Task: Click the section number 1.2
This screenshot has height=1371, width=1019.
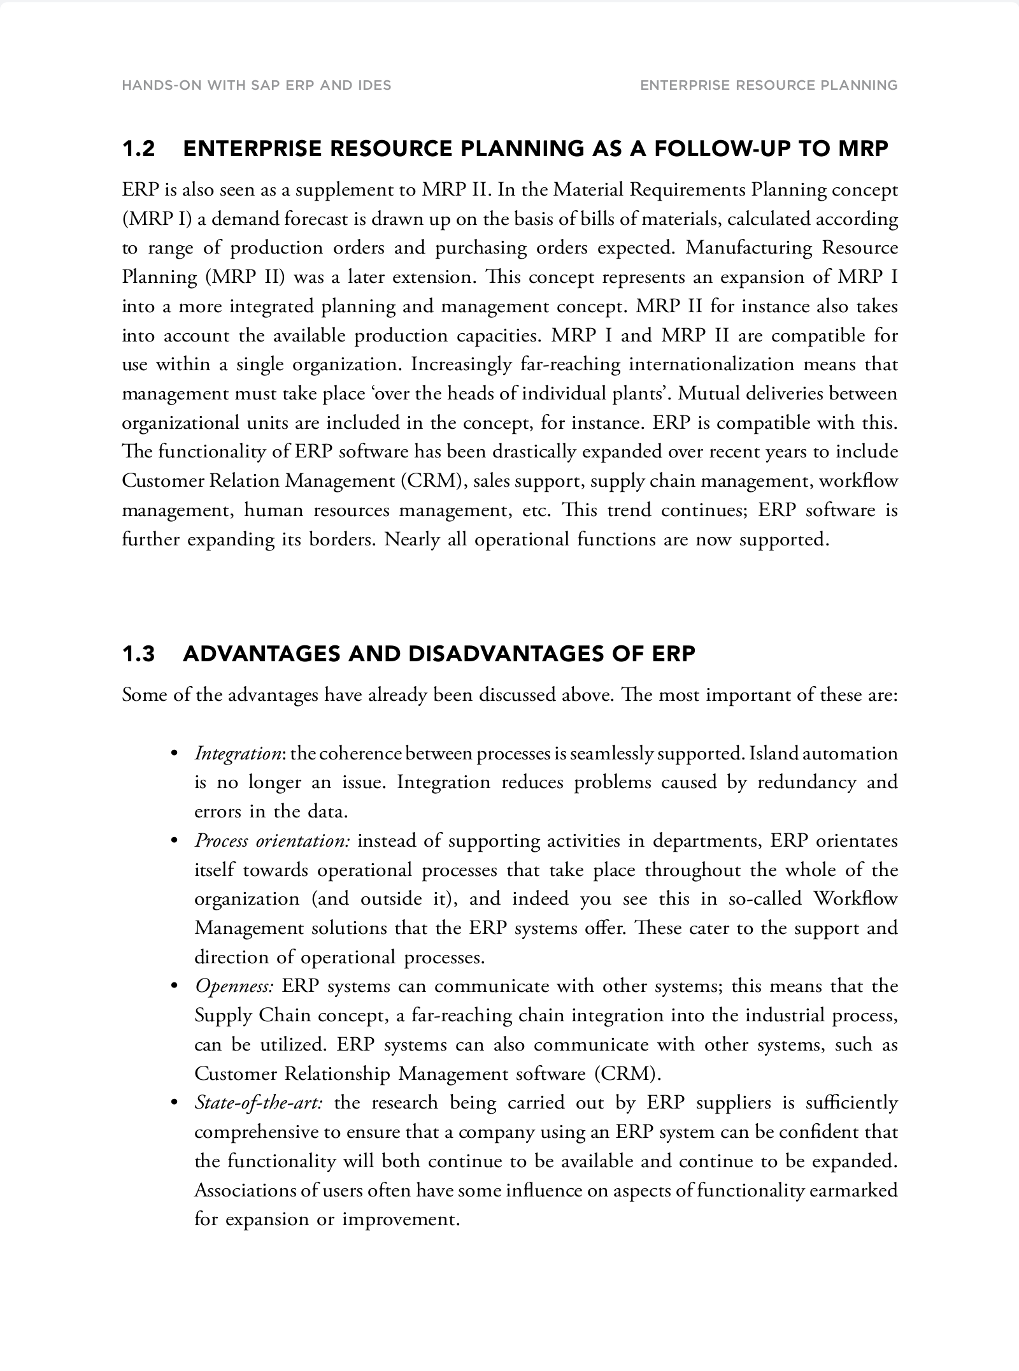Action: [x=138, y=149]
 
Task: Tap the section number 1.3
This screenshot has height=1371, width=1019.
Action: [x=138, y=654]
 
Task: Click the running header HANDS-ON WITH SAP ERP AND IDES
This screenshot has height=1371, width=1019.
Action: [x=256, y=85]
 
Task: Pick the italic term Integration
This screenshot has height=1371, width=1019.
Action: [x=238, y=754]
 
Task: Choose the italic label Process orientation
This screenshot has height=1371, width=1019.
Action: [x=272, y=841]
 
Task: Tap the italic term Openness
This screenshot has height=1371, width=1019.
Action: [x=234, y=986]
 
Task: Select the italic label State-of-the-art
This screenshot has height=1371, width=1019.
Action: [x=258, y=1103]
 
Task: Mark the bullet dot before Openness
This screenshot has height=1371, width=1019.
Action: [x=173, y=987]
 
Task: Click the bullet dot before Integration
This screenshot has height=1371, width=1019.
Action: [x=173, y=754]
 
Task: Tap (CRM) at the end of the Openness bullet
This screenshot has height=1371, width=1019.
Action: [x=627, y=1074]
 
